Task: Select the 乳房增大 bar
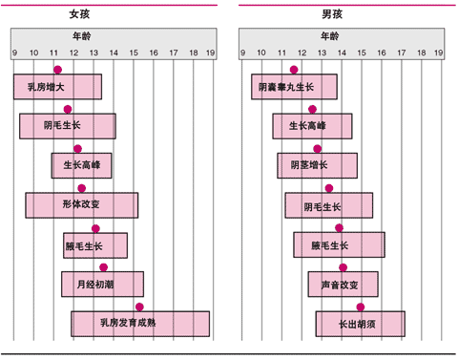(x=57, y=87)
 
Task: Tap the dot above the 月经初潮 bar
(x=104, y=267)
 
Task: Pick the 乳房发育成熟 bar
(x=139, y=324)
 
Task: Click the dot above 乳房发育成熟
(x=139, y=307)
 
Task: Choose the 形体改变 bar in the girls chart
(x=81, y=205)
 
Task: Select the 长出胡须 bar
(x=360, y=324)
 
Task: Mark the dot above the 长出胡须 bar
(x=361, y=307)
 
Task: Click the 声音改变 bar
(x=343, y=285)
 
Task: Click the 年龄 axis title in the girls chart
(x=87, y=35)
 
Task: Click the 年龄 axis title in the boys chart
(x=327, y=35)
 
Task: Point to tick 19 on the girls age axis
(x=210, y=53)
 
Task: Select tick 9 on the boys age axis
(x=241, y=53)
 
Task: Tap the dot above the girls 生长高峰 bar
(x=78, y=149)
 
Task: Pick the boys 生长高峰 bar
(x=314, y=126)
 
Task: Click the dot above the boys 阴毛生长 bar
(x=329, y=188)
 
